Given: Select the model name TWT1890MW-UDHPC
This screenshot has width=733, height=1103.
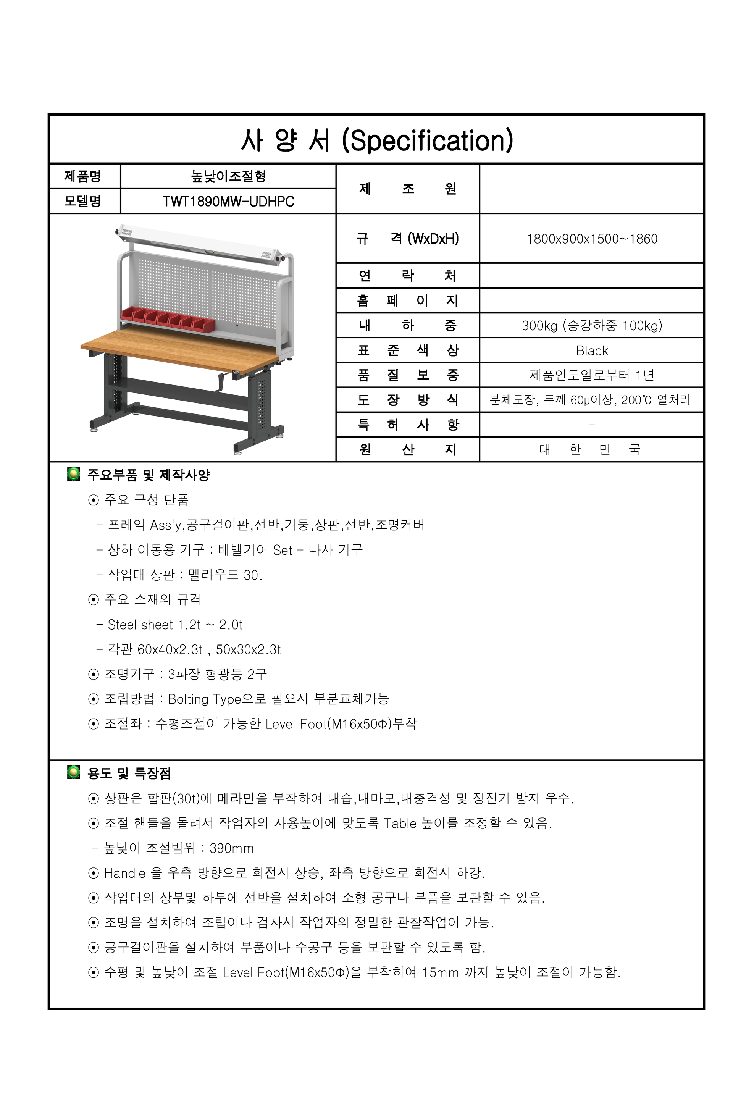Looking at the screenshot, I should pos(228,202).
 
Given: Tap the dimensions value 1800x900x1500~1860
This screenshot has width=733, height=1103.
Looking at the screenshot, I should pos(592,239).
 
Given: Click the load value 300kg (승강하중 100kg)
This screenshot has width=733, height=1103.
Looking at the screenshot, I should pos(592,325).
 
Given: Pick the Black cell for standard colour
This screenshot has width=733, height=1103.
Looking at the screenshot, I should pos(592,350).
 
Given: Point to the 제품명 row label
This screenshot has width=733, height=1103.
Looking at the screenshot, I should pos(83,176).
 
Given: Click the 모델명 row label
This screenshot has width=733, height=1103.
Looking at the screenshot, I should pos(83,202).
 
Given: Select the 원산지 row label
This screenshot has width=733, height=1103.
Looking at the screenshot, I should pos(407,450).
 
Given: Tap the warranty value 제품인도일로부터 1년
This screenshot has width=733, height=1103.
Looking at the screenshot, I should pos(592,375).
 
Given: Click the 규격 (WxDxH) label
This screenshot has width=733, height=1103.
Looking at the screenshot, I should pos(407,239).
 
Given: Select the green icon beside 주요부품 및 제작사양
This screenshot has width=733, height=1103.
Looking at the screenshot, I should pos(73,474).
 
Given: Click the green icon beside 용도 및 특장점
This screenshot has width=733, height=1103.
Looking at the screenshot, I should pos(73,773).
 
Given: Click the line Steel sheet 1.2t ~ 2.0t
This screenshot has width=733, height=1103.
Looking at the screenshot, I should pos(175,625).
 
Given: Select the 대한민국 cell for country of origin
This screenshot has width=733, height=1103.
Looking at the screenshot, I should pos(590,450).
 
